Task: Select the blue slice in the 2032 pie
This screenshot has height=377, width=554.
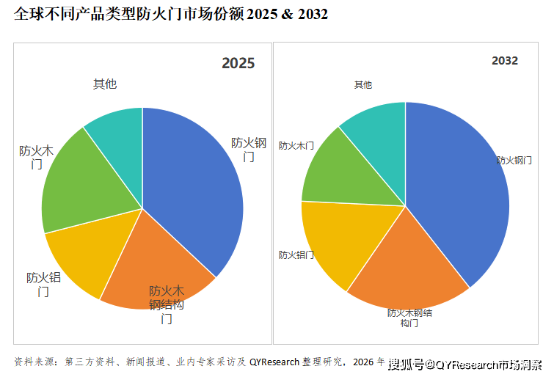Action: [462, 198]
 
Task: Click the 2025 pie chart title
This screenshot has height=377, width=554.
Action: [238, 64]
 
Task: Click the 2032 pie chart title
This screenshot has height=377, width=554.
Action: [505, 61]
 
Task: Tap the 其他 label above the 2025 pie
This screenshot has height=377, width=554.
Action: [105, 84]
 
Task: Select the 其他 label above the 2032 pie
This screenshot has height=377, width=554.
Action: [363, 84]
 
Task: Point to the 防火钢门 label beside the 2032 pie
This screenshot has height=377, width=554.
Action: [514, 159]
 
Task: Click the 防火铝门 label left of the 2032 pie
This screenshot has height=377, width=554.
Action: [296, 255]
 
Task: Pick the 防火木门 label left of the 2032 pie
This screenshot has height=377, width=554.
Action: [296, 146]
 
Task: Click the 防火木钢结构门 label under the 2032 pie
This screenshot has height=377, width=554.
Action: [409, 318]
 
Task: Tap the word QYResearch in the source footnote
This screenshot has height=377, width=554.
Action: [274, 362]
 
